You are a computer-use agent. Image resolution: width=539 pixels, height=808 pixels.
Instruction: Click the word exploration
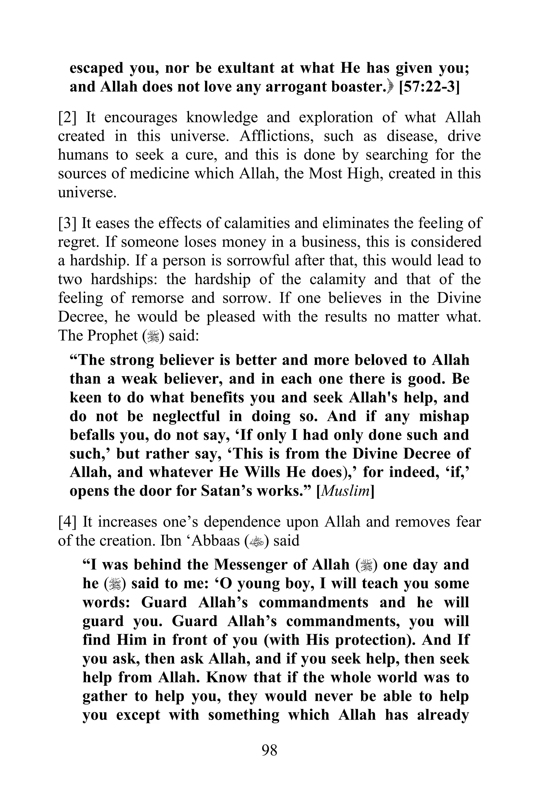click(336, 118)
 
